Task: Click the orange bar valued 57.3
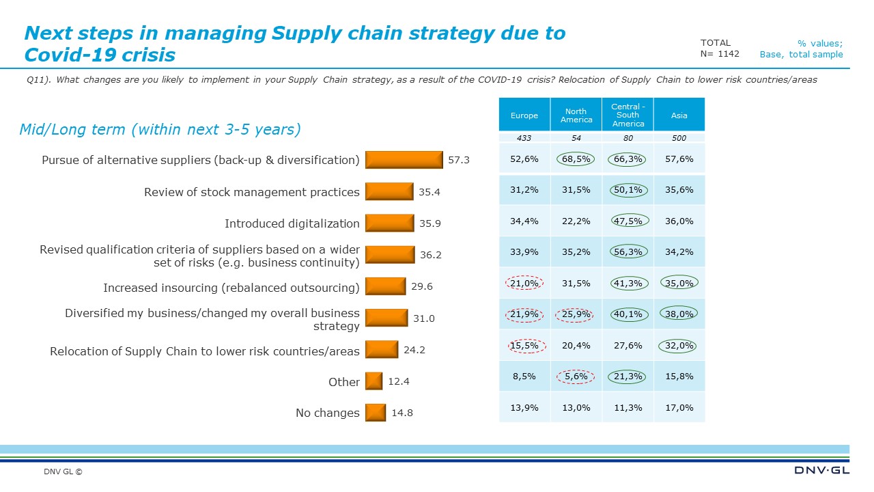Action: pyautogui.click(x=404, y=159)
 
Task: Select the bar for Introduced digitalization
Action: pyautogui.click(x=390, y=223)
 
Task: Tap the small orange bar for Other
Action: pyautogui.click(x=373, y=381)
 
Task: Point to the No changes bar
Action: pyautogui.click(x=375, y=413)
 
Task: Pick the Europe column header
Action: pyautogui.click(x=524, y=115)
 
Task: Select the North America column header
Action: pyautogui.click(x=576, y=115)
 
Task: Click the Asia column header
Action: pyautogui.click(x=679, y=115)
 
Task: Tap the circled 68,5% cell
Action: pyautogui.click(x=576, y=159)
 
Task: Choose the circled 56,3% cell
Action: pyautogui.click(x=628, y=251)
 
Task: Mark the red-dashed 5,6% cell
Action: pyautogui.click(x=576, y=376)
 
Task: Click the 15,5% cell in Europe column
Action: pyautogui.click(x=524, y=346)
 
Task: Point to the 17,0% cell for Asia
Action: pyautogui.click(x=679, y=407)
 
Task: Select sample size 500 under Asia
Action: pyautogui.click(x=679, y=138)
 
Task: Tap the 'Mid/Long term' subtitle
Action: pyautogui.click(x=160, y=129)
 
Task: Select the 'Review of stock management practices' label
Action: pyautogui.click(x=251, y=192)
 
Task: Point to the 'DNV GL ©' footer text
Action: pyautogui.click(x=63, y=471)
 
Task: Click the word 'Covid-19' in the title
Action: pyautogui.click(x=67, y=55)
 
